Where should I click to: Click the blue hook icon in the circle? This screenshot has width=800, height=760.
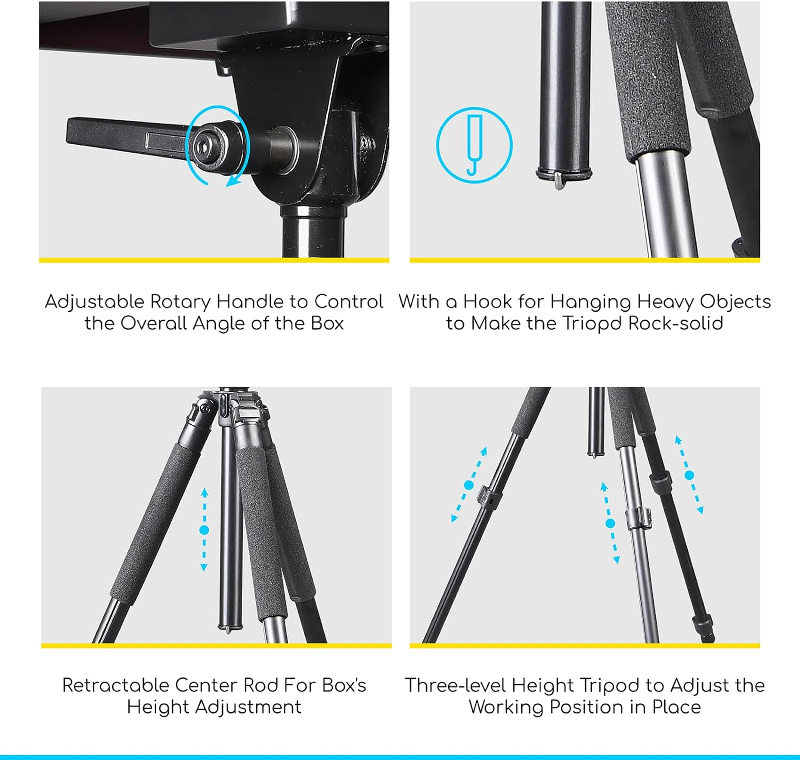474,145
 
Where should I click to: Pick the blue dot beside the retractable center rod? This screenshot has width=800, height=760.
204,530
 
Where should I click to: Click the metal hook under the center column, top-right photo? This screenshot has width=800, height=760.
558,181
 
